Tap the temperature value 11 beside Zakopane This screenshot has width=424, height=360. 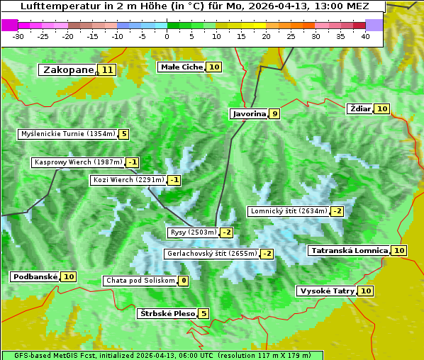pyautogui.click(x=107, y=70)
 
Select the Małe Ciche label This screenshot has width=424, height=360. pyautogui.click(x=182, y=67)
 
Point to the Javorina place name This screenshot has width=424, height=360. pyautogui.click(x=249, y=113)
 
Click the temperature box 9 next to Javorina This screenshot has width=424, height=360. pyautogui.click(x=274, y=113)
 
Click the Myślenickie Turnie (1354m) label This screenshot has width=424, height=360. pyautogui.click(x=67, y=134)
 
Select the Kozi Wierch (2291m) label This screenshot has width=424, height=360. pyautogui.click(x=128, y=180)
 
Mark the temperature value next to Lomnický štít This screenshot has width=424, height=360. pyautogui.click(x=337, y=211)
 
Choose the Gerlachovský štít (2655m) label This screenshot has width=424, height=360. pyautogui.click(x=211, y=254)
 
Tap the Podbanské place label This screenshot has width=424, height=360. pyautogui.click(x=34, y=277)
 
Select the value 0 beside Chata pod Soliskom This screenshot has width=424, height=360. pyautogui.click(x=184, y=281)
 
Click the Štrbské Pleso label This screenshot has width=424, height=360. pyautogui.click(x=167, y=314)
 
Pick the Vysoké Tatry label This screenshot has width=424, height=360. pyautogui.click(x=327, y=291)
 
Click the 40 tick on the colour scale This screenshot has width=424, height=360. pyautogui.click(x=365, y=36)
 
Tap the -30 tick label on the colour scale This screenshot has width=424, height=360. pyautogui.click(x=18, y=36)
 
